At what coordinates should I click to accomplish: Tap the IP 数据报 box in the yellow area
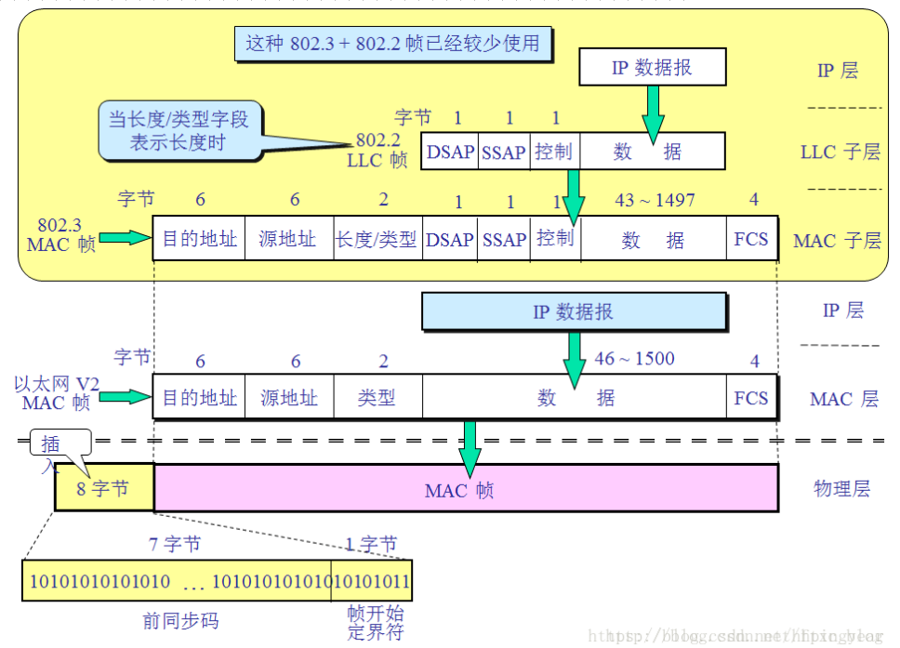(x=652, y=68)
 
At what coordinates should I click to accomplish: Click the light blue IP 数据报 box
(x=573, y=312)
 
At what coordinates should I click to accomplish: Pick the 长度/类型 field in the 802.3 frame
(x=376, y=240)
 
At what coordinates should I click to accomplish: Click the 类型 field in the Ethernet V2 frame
(x=377, y=398)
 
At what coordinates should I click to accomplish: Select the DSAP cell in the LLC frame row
(x=450, y=152)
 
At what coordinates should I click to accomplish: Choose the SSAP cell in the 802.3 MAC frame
(x=504, y=240)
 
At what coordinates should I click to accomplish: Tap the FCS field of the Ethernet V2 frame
(x=751, y=398)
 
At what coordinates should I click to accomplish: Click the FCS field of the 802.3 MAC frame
(x=751, y=239)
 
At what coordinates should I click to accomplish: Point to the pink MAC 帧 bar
(x=465, y=489)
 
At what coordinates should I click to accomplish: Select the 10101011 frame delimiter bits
(x=372, y=582)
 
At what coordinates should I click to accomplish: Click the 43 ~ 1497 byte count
(x=655, y=200)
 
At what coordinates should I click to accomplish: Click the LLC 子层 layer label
(x=840, y=152)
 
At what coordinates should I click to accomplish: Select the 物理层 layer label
(x=841, y=489)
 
